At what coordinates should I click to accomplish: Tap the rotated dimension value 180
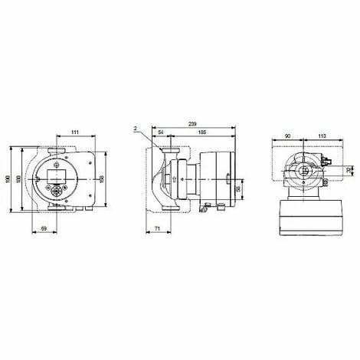pos(19,178)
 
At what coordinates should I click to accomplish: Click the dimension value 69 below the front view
pos(44,228)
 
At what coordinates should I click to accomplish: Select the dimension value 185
pos(199,133)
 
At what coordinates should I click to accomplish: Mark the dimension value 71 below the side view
pos(156,228)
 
